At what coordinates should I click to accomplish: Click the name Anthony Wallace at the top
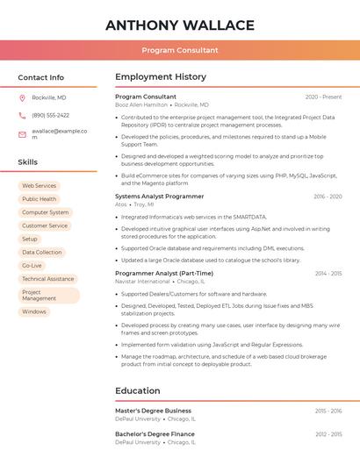tap(180, 25)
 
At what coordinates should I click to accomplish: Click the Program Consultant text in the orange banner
tap(180, 50)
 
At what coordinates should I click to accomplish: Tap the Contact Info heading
tap(40, 77)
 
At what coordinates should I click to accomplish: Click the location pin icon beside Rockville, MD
tap(22, 97)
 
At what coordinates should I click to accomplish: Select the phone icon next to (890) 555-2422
tap(22, 115)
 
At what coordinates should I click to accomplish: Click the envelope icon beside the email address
tap(22, 134)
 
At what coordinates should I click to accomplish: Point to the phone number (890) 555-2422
tap(50, 115)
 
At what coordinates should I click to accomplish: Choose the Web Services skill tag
tap(39, 186)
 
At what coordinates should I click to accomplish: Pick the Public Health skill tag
tap(39, 199)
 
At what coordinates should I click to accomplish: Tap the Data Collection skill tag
tap(42, 252)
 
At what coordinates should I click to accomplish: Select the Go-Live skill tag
tap(32, 265)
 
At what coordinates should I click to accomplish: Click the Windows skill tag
tap(34, 311)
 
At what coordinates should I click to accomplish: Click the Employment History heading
tap(161, 77)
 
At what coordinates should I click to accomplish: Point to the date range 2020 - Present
tap(323, 97)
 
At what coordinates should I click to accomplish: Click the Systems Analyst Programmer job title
tap(159, 197)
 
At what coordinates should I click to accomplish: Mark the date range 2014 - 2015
tap(328, 273)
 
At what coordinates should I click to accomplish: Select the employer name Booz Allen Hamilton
tap(141, 104)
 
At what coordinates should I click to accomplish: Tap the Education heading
tap(138, 390)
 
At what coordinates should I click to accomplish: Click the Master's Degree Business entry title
tap(153, 411)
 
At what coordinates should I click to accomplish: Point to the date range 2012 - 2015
tap(328, 434)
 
